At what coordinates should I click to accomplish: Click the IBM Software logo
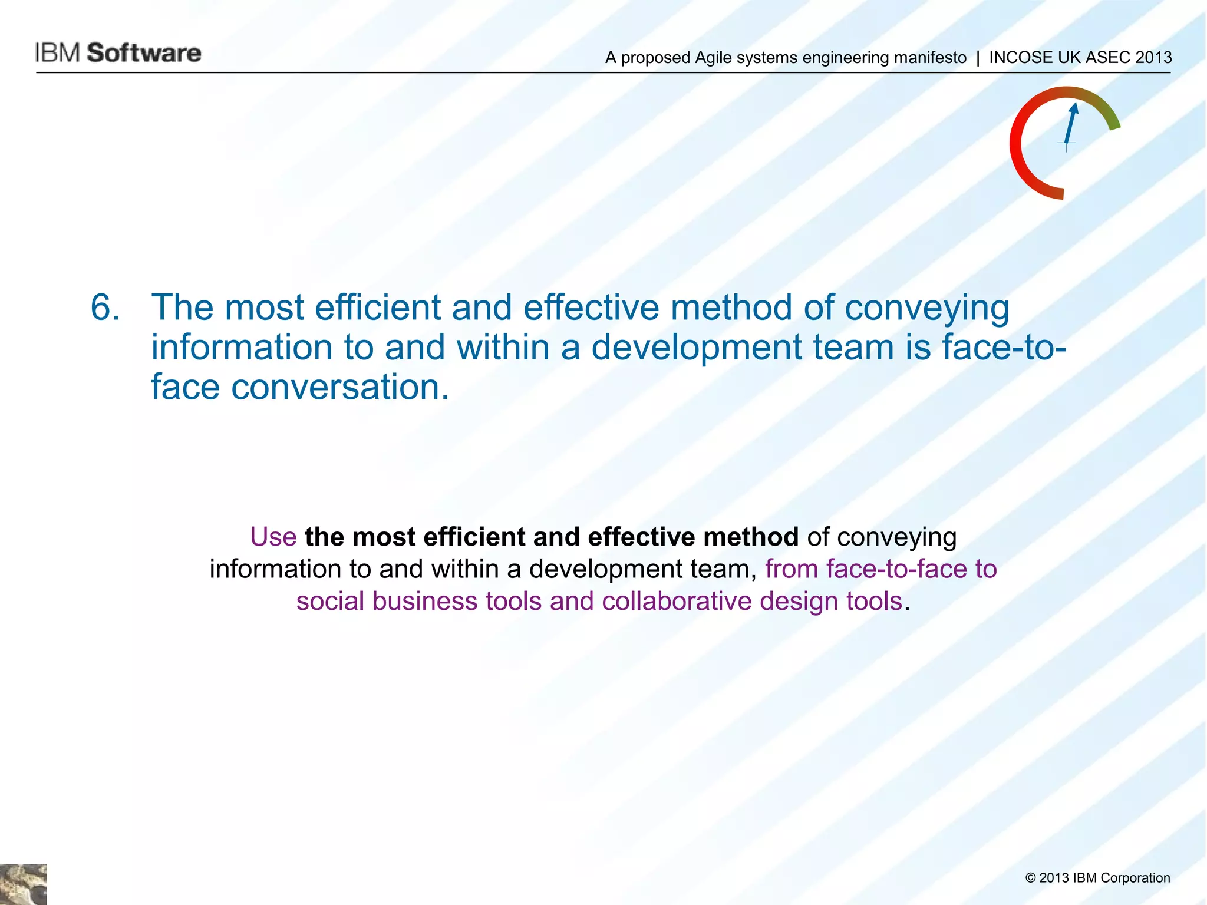pyautogui.click(x=118, y=53)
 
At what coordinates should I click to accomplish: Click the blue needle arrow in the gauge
pyautogui.click(x=1070, y=124)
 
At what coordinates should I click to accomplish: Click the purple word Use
pyautogui.click(x=273, y=537)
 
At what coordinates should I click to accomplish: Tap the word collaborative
pyautogui.click(x=677, y=602)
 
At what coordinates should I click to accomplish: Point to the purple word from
pyautogui.click(x=792, y=569)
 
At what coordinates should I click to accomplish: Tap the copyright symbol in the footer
pyautogui.click(x=1030, y=878)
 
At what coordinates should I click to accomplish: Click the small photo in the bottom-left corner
pyautogui.click(x=23, y=884)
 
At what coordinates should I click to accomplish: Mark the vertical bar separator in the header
pyautogui.click(x=978, y=57)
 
